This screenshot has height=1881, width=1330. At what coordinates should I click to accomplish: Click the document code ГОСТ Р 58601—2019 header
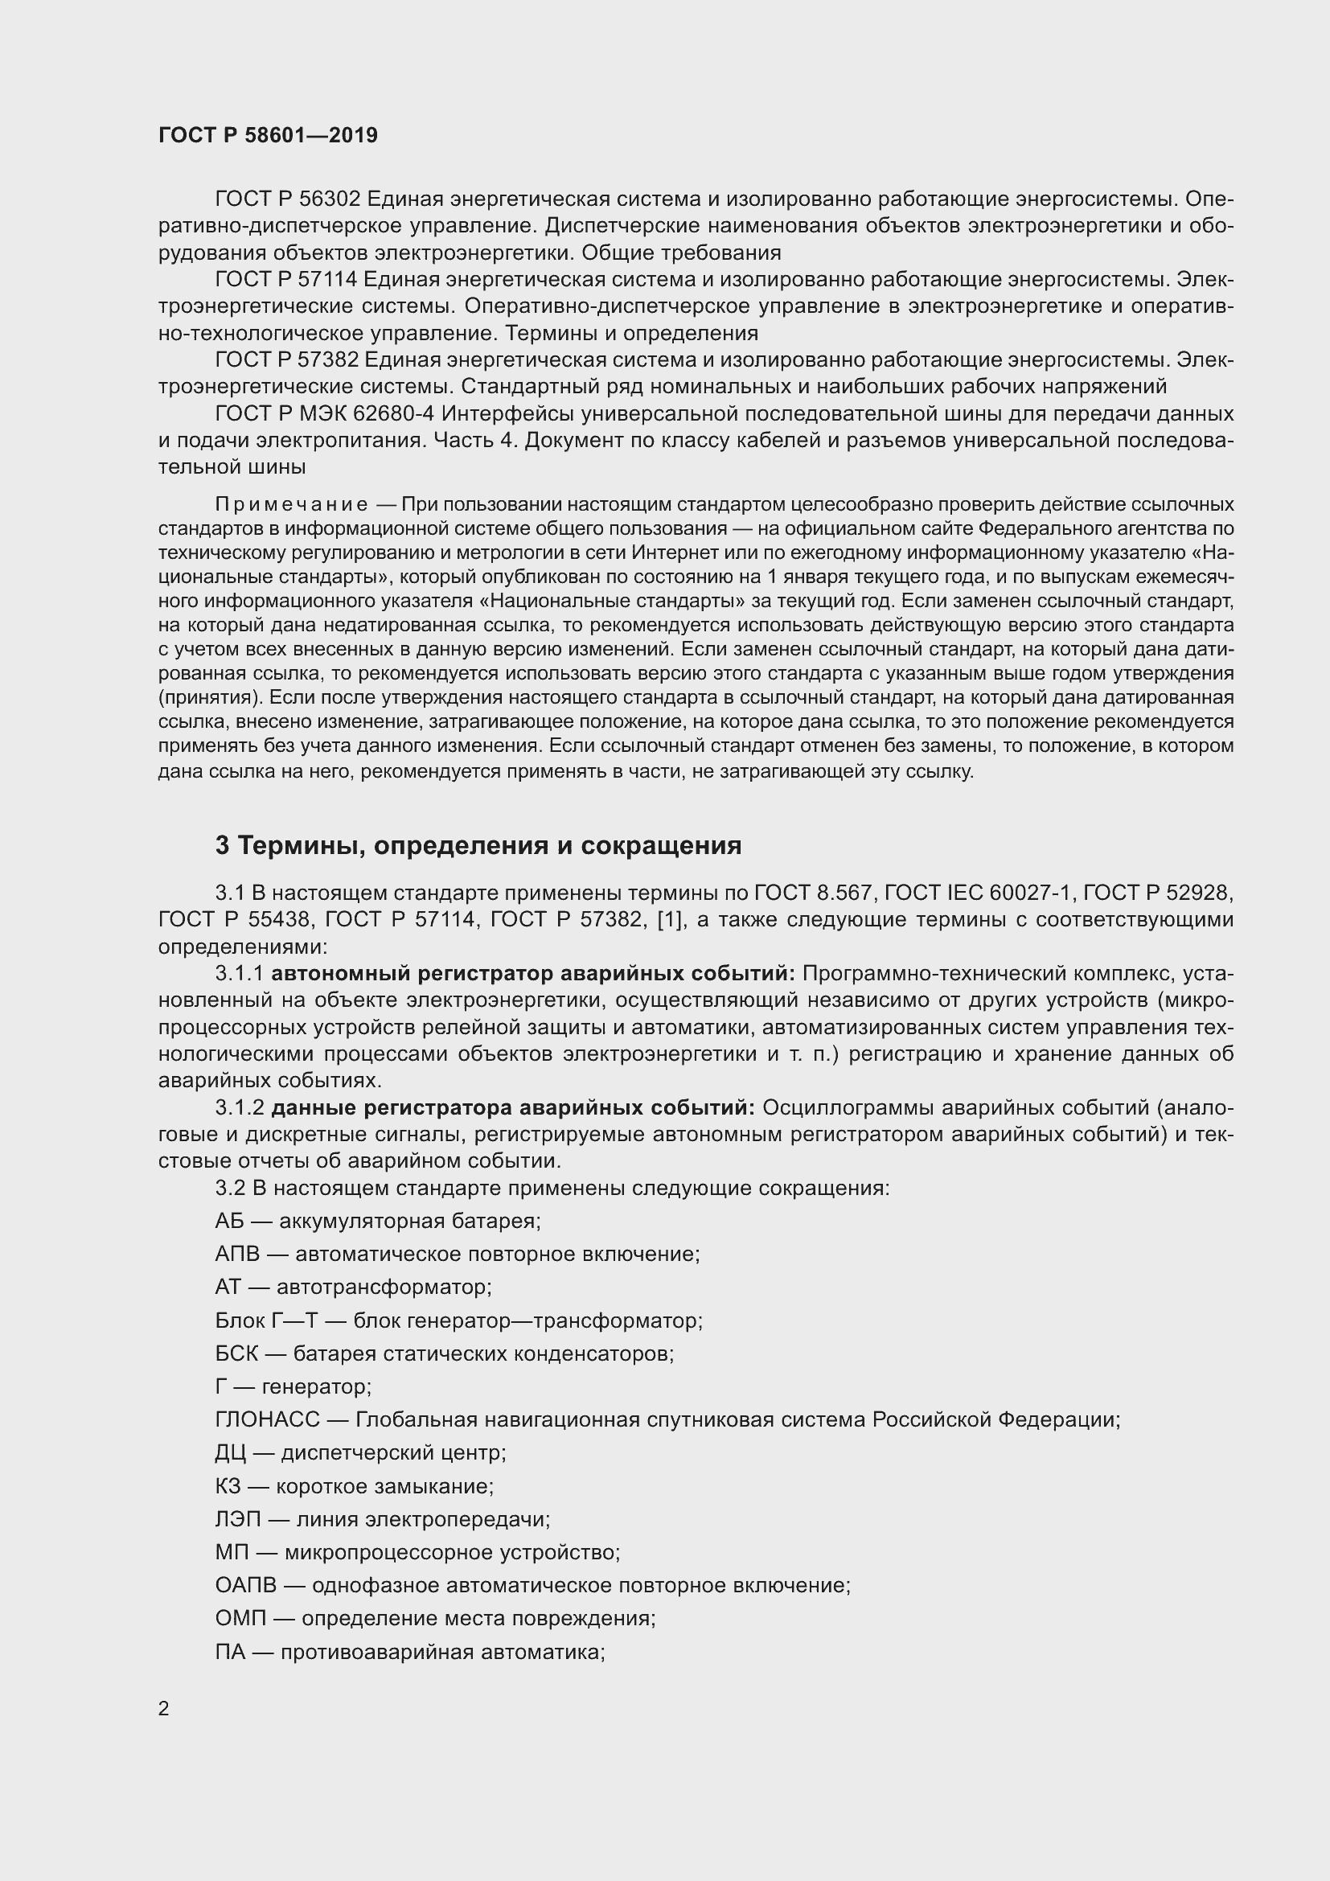[x=268, y=136]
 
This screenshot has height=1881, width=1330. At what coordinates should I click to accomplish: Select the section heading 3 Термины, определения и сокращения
[x=478, y=845]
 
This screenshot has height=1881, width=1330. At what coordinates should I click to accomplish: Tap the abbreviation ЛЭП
[x=237, y=1519]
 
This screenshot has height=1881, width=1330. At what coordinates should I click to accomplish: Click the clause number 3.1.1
[x=239, y=973]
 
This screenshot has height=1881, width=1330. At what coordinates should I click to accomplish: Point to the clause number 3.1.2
[x=239, y=1107]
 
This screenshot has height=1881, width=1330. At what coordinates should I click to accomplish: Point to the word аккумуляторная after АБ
[x=363, y=1221]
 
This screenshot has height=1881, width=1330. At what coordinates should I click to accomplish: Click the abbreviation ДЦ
[x=230, y=1452]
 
